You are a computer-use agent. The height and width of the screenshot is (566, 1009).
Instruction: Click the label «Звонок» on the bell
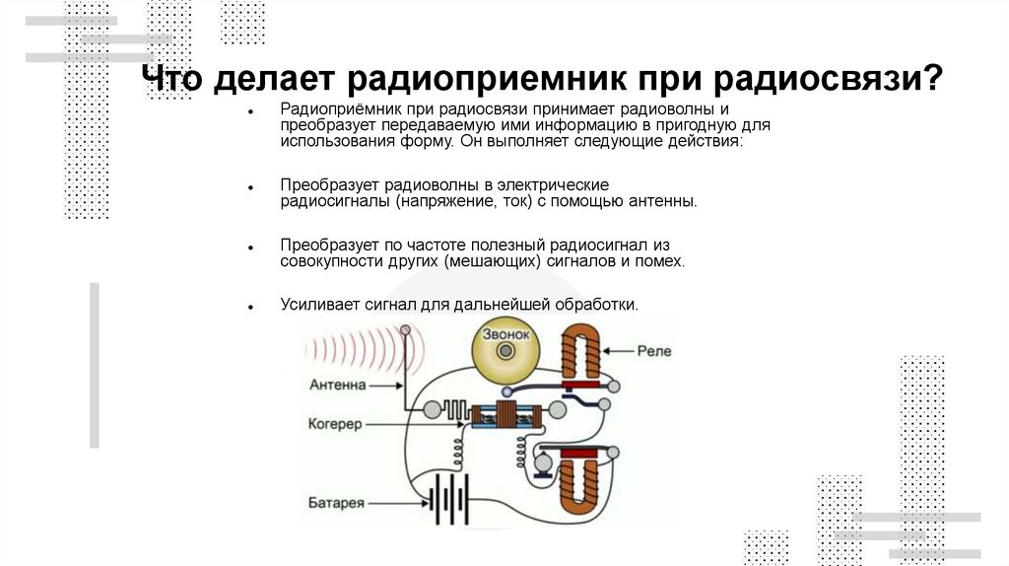(x=505, y=334)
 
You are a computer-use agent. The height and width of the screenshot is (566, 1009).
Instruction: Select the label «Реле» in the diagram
(x=654, y=350)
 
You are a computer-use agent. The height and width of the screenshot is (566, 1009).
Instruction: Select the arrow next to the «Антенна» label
(x=386, y=385)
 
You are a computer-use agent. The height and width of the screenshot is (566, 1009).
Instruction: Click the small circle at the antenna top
(x=402, y=327)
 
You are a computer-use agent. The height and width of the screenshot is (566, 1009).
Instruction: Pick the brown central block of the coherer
(x=507, y=416)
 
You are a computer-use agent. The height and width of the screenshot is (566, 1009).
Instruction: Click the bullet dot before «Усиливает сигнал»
(x=253, y=307)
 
